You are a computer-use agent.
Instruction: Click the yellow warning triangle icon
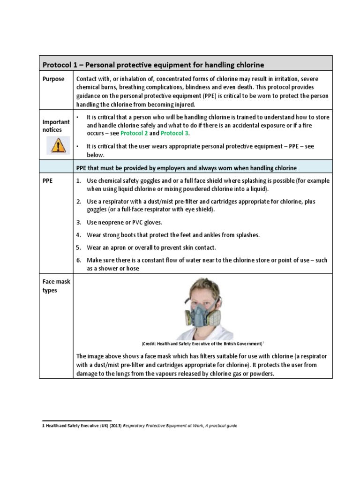pos(58,145)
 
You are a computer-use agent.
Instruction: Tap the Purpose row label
pos(53,79)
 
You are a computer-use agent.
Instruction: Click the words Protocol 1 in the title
pos(63,64)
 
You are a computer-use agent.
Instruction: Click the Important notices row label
pos(57,125)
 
